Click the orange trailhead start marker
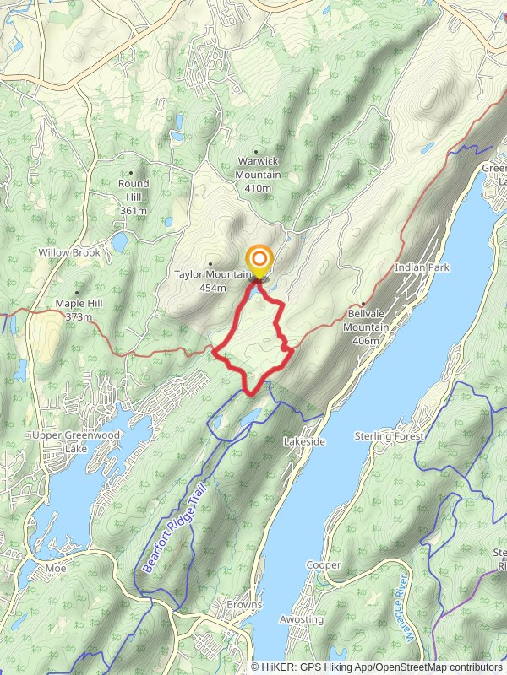pyautogui.click(x=259, y=260)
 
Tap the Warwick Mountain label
pyautogui.click(x=258, y=168)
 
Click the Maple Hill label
pyautogui.click(x=77, y=310)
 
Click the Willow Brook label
pyautogui.click(x=69, y=252)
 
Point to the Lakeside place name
pyautogui.click(x=304, y=441)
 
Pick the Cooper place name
pyautogui.click(x=324, y=564)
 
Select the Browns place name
pyautogui.click(x=244, y=605)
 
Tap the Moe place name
pyautogui.click(x=57, y=568)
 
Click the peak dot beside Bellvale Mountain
pyautogui.click(x=363, y=304)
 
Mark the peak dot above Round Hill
pyautogui.click(x=131, y=172)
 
